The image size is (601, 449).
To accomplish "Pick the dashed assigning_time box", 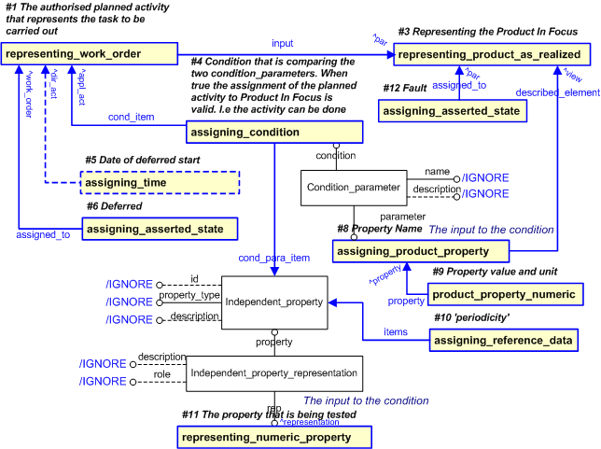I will point(160,182).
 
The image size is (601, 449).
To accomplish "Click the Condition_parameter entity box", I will point(354,188).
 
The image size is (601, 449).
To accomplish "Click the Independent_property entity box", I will point(273,302).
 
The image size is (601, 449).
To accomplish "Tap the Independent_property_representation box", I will point(273,373).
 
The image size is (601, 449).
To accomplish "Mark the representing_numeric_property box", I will point(273,437).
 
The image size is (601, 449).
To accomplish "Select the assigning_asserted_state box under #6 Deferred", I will point(159,228).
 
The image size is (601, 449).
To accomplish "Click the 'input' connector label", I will point(282,43).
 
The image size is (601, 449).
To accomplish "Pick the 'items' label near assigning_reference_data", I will point(396,331).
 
